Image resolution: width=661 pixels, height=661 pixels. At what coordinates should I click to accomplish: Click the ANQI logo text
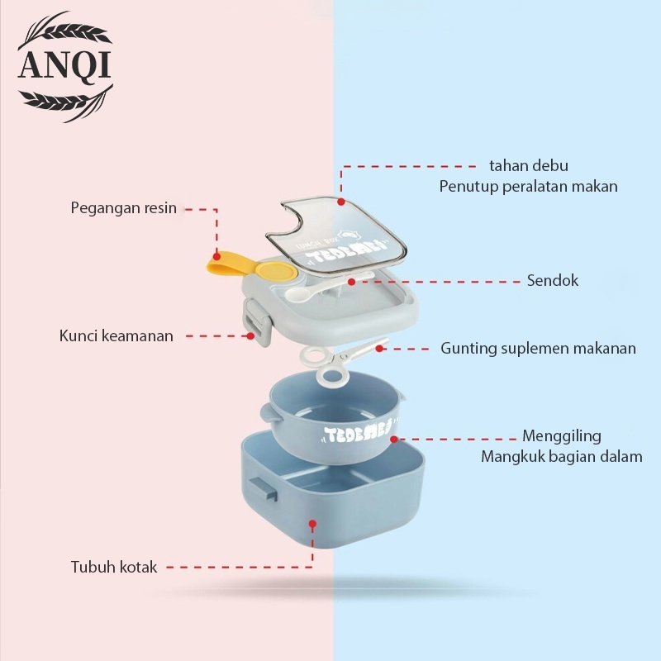[64, 65]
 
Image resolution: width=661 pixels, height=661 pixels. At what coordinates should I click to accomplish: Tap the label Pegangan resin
[123, 208]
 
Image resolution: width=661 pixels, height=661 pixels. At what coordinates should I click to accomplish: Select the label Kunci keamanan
[117, 336]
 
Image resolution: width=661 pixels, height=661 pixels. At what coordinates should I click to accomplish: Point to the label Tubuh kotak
[114, 568]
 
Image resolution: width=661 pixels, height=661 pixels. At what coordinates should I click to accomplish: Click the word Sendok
[553, 280]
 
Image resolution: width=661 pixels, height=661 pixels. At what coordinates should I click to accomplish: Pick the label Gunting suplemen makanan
[538, 348]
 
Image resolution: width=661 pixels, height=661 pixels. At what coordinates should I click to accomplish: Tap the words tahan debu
[529, 166]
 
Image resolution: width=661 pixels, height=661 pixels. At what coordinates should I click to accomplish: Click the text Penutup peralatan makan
[528, 186]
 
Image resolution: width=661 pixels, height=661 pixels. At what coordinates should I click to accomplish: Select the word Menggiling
[562, 435]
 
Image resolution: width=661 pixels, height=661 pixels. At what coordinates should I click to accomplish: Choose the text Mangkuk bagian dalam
[562, 456]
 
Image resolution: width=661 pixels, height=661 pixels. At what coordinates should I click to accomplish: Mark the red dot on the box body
[312, 523]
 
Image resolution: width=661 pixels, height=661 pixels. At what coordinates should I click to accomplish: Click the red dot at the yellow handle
[216, 255]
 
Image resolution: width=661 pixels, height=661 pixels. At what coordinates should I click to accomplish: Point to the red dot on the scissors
[379, 348]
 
